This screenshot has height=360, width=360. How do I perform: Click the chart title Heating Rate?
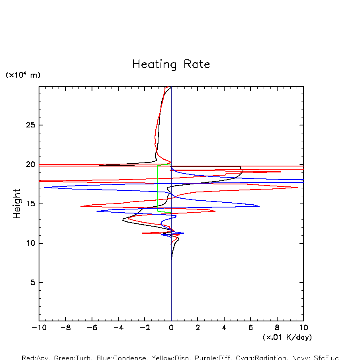pos(171,65)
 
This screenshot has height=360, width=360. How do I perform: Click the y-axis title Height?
pos(17,204)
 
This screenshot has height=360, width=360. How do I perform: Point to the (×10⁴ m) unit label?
pos(23,75)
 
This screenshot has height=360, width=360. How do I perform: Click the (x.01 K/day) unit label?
pos(287,337)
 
